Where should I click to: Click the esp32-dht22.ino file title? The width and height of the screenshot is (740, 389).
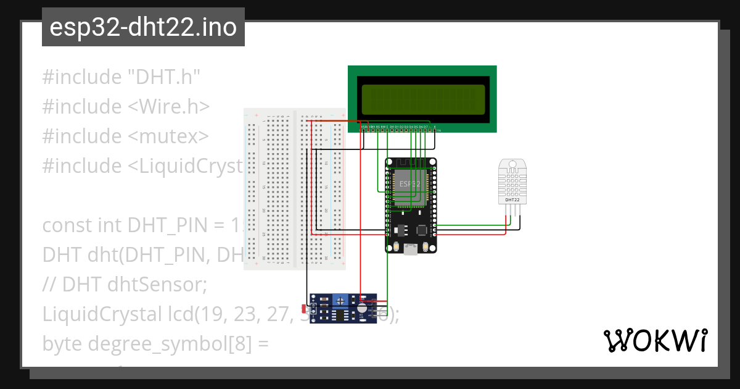click(143, 28)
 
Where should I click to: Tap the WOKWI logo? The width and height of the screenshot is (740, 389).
click(654, 340)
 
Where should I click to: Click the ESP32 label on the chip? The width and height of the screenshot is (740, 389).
click(409, 184)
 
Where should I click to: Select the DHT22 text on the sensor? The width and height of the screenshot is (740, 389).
click(512, 200)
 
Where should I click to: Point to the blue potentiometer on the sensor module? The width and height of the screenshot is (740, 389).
click(340, 299)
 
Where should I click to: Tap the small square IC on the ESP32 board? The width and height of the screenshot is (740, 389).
click(422, 230)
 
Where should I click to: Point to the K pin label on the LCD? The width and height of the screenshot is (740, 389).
click(435, 127)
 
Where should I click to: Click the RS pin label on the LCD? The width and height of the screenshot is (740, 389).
click(377, 127)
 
